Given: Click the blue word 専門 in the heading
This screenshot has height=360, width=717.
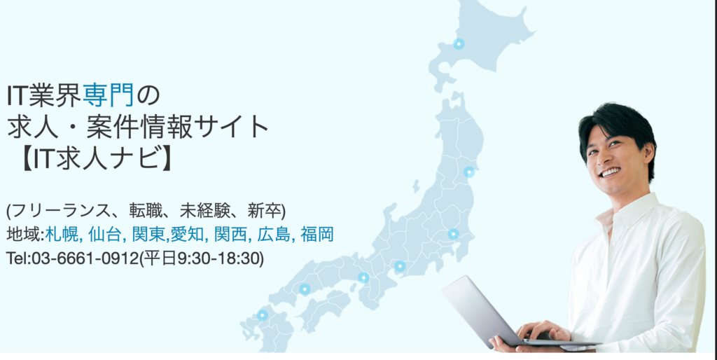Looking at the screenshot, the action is [x=109, y=95].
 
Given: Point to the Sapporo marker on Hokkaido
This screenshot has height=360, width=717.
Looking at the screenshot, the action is [x=459, y=44].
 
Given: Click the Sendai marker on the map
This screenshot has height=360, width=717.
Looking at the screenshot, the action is [x=468, y=172].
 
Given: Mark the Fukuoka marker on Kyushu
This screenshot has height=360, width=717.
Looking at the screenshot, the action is [x=262, y=315].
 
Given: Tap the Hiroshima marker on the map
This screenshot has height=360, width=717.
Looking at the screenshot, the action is [x=305, y=289].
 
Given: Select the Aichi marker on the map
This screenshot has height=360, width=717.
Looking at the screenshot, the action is [x=400, y=266].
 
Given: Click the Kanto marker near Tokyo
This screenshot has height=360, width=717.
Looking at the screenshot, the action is [x=453, y=234].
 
